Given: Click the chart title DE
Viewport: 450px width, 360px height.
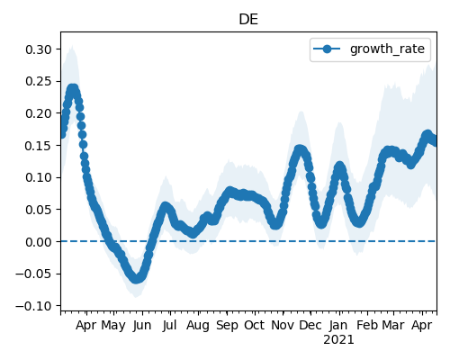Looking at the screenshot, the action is [248, 20].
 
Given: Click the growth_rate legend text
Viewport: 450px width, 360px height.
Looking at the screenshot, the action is [387, 49].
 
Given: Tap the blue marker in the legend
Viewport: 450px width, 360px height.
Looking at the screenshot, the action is [327, 49].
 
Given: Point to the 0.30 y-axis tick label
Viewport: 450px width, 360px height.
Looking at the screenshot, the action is [39, 49].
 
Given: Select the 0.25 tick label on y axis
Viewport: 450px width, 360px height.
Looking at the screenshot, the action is [39, 81].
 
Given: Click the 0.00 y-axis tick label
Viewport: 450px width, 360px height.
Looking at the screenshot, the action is [39, 242].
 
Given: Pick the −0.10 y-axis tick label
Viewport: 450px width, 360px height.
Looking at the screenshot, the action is [33, 306].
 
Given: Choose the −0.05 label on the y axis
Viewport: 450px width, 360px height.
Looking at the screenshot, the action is [33, 274].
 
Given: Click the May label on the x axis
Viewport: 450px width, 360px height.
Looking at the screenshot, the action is [113, 326].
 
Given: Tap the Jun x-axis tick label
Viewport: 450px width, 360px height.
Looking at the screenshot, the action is [142, 326].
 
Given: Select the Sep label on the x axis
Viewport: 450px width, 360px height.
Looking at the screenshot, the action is [227, 326].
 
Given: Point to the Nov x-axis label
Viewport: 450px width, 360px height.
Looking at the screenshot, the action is [283, 326].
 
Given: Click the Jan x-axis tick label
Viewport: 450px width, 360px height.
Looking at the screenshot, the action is [338, 326].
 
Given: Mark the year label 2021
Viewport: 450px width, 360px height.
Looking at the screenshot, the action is [338, 340].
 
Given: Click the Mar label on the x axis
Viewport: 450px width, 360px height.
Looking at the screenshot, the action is [393, 326].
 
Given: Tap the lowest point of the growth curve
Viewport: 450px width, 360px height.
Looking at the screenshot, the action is [137, 278].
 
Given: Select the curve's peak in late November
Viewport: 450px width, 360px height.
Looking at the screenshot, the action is [300, 149].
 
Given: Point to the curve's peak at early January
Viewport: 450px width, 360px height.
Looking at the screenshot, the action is [339, 166].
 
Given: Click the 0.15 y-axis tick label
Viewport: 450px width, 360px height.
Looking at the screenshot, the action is [39, 146].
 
